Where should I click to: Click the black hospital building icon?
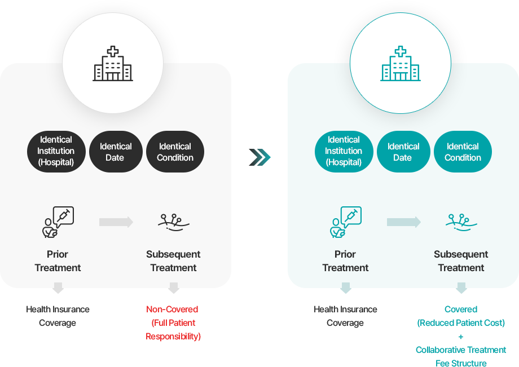pos(113,64)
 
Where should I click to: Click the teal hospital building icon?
pos(401,64)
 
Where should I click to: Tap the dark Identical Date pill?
pos(115,152)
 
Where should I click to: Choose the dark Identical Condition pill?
pos(175,152)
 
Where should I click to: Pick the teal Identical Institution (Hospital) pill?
pos(344,151)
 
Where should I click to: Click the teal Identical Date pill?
pos(403,152)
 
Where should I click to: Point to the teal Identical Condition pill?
pos(463,152)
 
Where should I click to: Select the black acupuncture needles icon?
pos(173,222)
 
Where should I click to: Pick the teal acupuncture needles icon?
pos(461,222)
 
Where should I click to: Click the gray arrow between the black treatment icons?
pos(116,222)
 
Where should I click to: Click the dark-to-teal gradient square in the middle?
pos(259,157)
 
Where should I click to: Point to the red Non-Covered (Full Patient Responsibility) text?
pos(173,323)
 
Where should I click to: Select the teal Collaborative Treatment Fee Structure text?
pos(461,356)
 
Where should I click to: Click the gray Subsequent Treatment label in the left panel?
pos(173,261)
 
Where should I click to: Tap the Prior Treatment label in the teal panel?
pos(345,261)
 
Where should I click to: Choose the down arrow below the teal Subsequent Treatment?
pos(461,288)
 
